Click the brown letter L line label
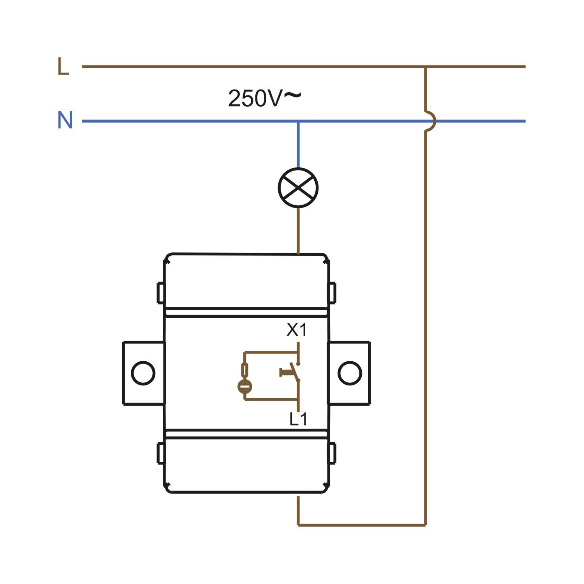[x=63, y=66]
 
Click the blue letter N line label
[x=65, y=120]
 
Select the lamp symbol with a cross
[x=298, y=188]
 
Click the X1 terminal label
[x=297, y=330]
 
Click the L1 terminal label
[x=298, y=419]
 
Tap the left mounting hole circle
[x=143, y=373]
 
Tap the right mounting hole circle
[x=350, y=373]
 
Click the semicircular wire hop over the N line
[x=434, y=121]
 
